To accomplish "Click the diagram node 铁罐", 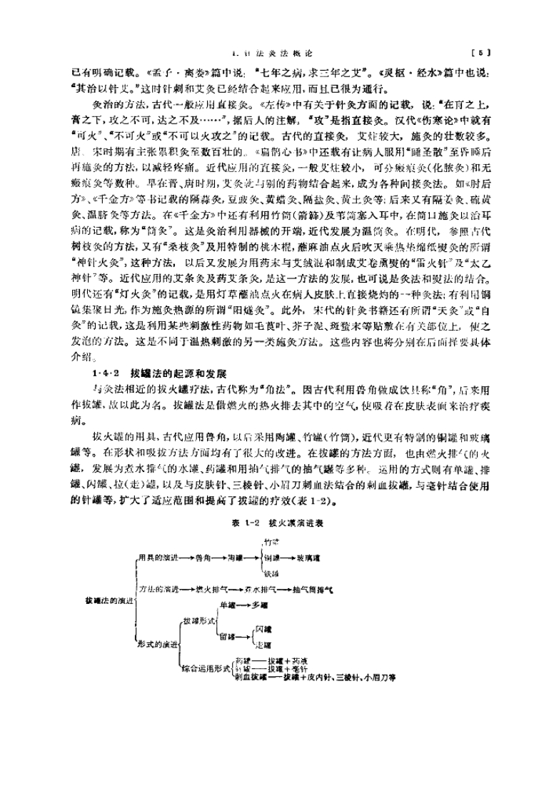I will pos(270,572).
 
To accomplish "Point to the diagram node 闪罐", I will pos(263,629).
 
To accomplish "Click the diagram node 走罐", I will pos(263,644).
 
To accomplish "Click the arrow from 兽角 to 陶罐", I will pos(220,555).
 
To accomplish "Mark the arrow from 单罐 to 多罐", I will pos(243,605).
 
